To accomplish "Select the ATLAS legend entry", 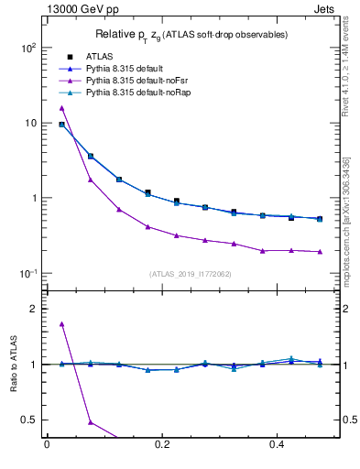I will pyautogui.click(x=98, y=57).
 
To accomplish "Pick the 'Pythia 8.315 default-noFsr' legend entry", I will pyautogui.click(x=133, y=81).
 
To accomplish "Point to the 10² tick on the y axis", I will pyautogui.click(x=28, y=48).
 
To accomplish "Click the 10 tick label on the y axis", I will pyautogui.click(x=30, y=123).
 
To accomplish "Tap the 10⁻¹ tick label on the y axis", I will pyautogui.click(x=28, y=273).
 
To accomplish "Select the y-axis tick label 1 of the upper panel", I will pyautogui.click(x=34, y=198).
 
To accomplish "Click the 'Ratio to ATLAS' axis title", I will pyautogui.click(x=15, y=365).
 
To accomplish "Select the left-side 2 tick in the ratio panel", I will pyautogui.click(x=34, y=309).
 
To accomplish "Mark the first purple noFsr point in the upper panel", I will pyautogui.click(x=62, y=108).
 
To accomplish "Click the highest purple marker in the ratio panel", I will pyautogui.click(x=62, y=323).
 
